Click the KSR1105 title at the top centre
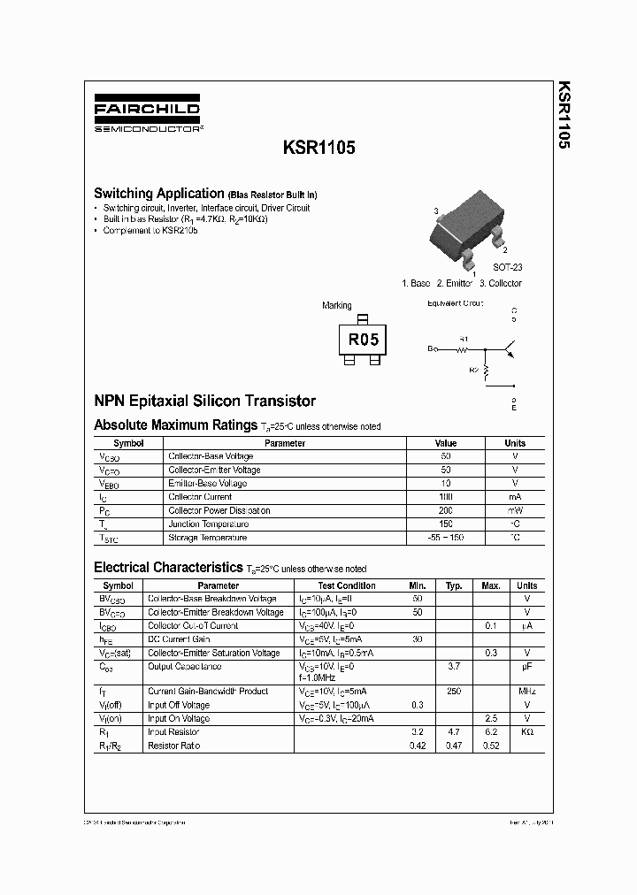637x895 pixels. [x=319, y=149]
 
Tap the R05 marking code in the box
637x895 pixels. [x=363, y=339]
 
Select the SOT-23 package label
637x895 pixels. [x=507, y=266]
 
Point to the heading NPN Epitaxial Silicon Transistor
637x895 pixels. [x=204, y=401]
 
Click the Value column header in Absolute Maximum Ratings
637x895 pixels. [x=446, y=443]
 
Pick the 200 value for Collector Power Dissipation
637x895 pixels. [x=446, y=510]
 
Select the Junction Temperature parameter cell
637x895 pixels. [x=208, y=524]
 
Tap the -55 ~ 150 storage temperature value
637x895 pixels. [x=446, y=538]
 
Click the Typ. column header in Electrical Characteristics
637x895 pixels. [x=455, y=585]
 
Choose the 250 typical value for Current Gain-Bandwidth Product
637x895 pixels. [x=455, y=691]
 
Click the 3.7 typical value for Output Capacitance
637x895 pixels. [x=455, y=666]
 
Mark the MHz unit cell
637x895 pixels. [x=526, y=691]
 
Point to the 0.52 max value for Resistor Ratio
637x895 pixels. [x=491, y=746]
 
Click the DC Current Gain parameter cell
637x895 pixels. [x=179, y=639]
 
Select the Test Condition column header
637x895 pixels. [x=347, y=585]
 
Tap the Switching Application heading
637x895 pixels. [x=158, y=193]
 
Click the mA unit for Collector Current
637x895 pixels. [x=515, y=497]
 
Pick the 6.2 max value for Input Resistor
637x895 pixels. [x=491, y=732]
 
